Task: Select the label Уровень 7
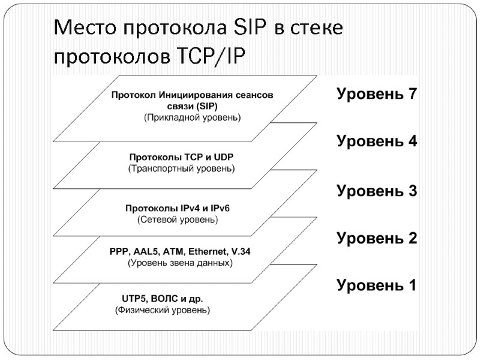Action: [376, 94]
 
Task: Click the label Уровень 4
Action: [376, 142]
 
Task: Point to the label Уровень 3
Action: [376, 191]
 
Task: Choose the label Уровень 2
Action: [376, 238]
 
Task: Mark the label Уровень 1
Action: [376, 285]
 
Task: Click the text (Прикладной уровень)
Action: [193, 118]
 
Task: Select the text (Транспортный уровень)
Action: [182, 169]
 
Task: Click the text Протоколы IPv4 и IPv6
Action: [178, 208]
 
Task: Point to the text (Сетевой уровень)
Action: [178, 220]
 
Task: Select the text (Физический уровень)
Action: [162, 310]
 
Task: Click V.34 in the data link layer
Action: [239, 251]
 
